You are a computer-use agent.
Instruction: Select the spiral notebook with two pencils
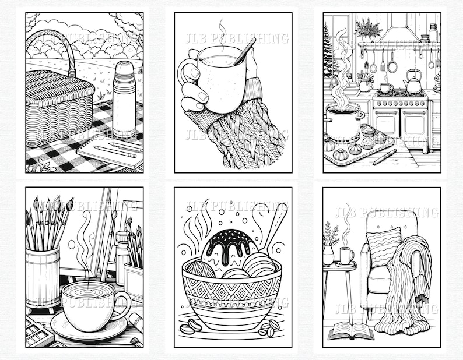(x=111, y=153)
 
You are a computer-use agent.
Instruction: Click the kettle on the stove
(x=413, y=84)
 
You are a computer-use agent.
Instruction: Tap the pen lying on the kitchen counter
(x=384, y=157)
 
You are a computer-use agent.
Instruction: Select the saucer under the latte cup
(x=87, y=329)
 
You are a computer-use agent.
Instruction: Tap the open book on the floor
(x=350, y=331)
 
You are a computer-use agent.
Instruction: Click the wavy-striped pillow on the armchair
(x=383, y=245)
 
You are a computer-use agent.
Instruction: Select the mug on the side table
(x=346, y=255)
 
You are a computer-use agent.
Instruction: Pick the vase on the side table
(x=329, y=254)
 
